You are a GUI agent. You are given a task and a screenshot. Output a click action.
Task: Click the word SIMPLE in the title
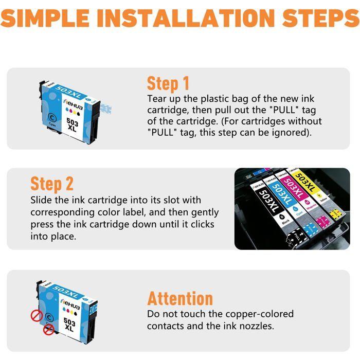tap(45, 18)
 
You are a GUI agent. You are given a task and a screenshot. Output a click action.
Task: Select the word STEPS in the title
tap(321, 18)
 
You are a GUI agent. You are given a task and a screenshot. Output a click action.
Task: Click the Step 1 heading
tap(168, 83)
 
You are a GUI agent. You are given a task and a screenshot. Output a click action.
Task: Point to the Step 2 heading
tap(52, 184)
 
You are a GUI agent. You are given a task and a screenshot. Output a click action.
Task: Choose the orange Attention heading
tap(180, 298)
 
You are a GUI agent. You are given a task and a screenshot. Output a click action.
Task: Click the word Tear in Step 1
tap(157, 99)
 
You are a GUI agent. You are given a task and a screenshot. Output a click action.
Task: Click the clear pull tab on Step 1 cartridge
tap(106, 109)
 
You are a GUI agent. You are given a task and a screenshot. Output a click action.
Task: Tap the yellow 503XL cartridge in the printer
tap(315, 192)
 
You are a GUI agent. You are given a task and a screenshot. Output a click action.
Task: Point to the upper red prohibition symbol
tap(37, 315)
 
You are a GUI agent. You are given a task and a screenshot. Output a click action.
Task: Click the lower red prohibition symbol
tap(49, 330)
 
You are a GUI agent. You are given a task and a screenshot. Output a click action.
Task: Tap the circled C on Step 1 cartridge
tap(52, 118)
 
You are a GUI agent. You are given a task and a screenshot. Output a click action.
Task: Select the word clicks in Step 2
tap(203, 224)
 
